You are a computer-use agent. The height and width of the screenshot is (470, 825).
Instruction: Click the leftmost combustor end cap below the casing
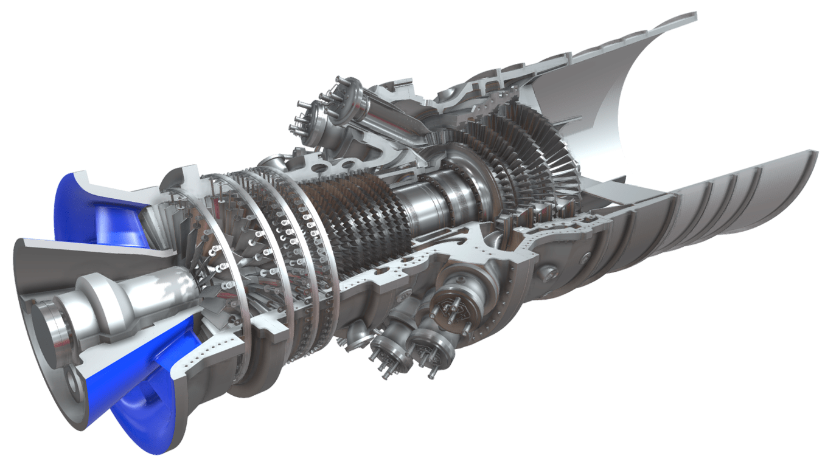[386, 353]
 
